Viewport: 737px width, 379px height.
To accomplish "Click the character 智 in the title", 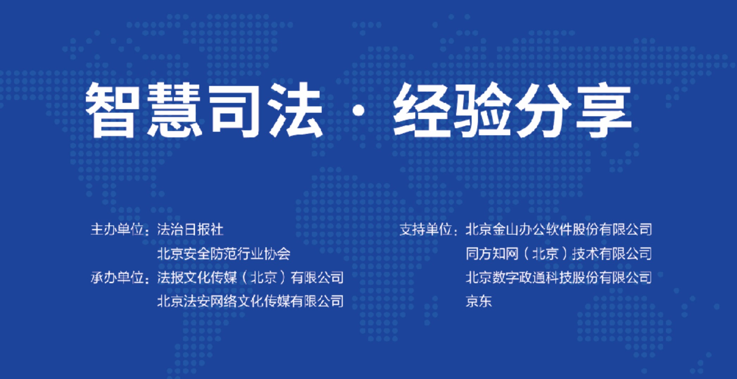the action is point(110,110).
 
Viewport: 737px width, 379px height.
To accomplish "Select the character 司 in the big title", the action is point(234,110).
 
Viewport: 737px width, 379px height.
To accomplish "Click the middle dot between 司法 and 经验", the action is point(358,111).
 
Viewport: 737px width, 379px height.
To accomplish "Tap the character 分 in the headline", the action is point(543,110).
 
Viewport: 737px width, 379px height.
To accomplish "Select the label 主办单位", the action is point(117,229).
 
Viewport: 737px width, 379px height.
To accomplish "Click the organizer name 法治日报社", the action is point(190,229).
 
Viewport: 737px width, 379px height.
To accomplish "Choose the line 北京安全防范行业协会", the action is point(223,254).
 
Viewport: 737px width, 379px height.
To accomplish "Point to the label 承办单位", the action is point(117,278).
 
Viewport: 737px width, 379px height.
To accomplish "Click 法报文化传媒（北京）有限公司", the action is point(250,278).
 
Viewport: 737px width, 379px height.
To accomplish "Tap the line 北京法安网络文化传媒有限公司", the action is point(250,302).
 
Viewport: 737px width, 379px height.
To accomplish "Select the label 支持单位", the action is point(426,229).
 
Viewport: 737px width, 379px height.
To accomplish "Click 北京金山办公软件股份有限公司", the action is point(559,229).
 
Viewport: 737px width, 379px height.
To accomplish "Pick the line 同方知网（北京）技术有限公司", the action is point(559,254).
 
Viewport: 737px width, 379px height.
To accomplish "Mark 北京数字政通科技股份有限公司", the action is point(559,278).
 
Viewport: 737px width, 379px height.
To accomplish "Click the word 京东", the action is point(479,302).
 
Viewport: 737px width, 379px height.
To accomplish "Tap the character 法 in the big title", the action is point(296,110).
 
